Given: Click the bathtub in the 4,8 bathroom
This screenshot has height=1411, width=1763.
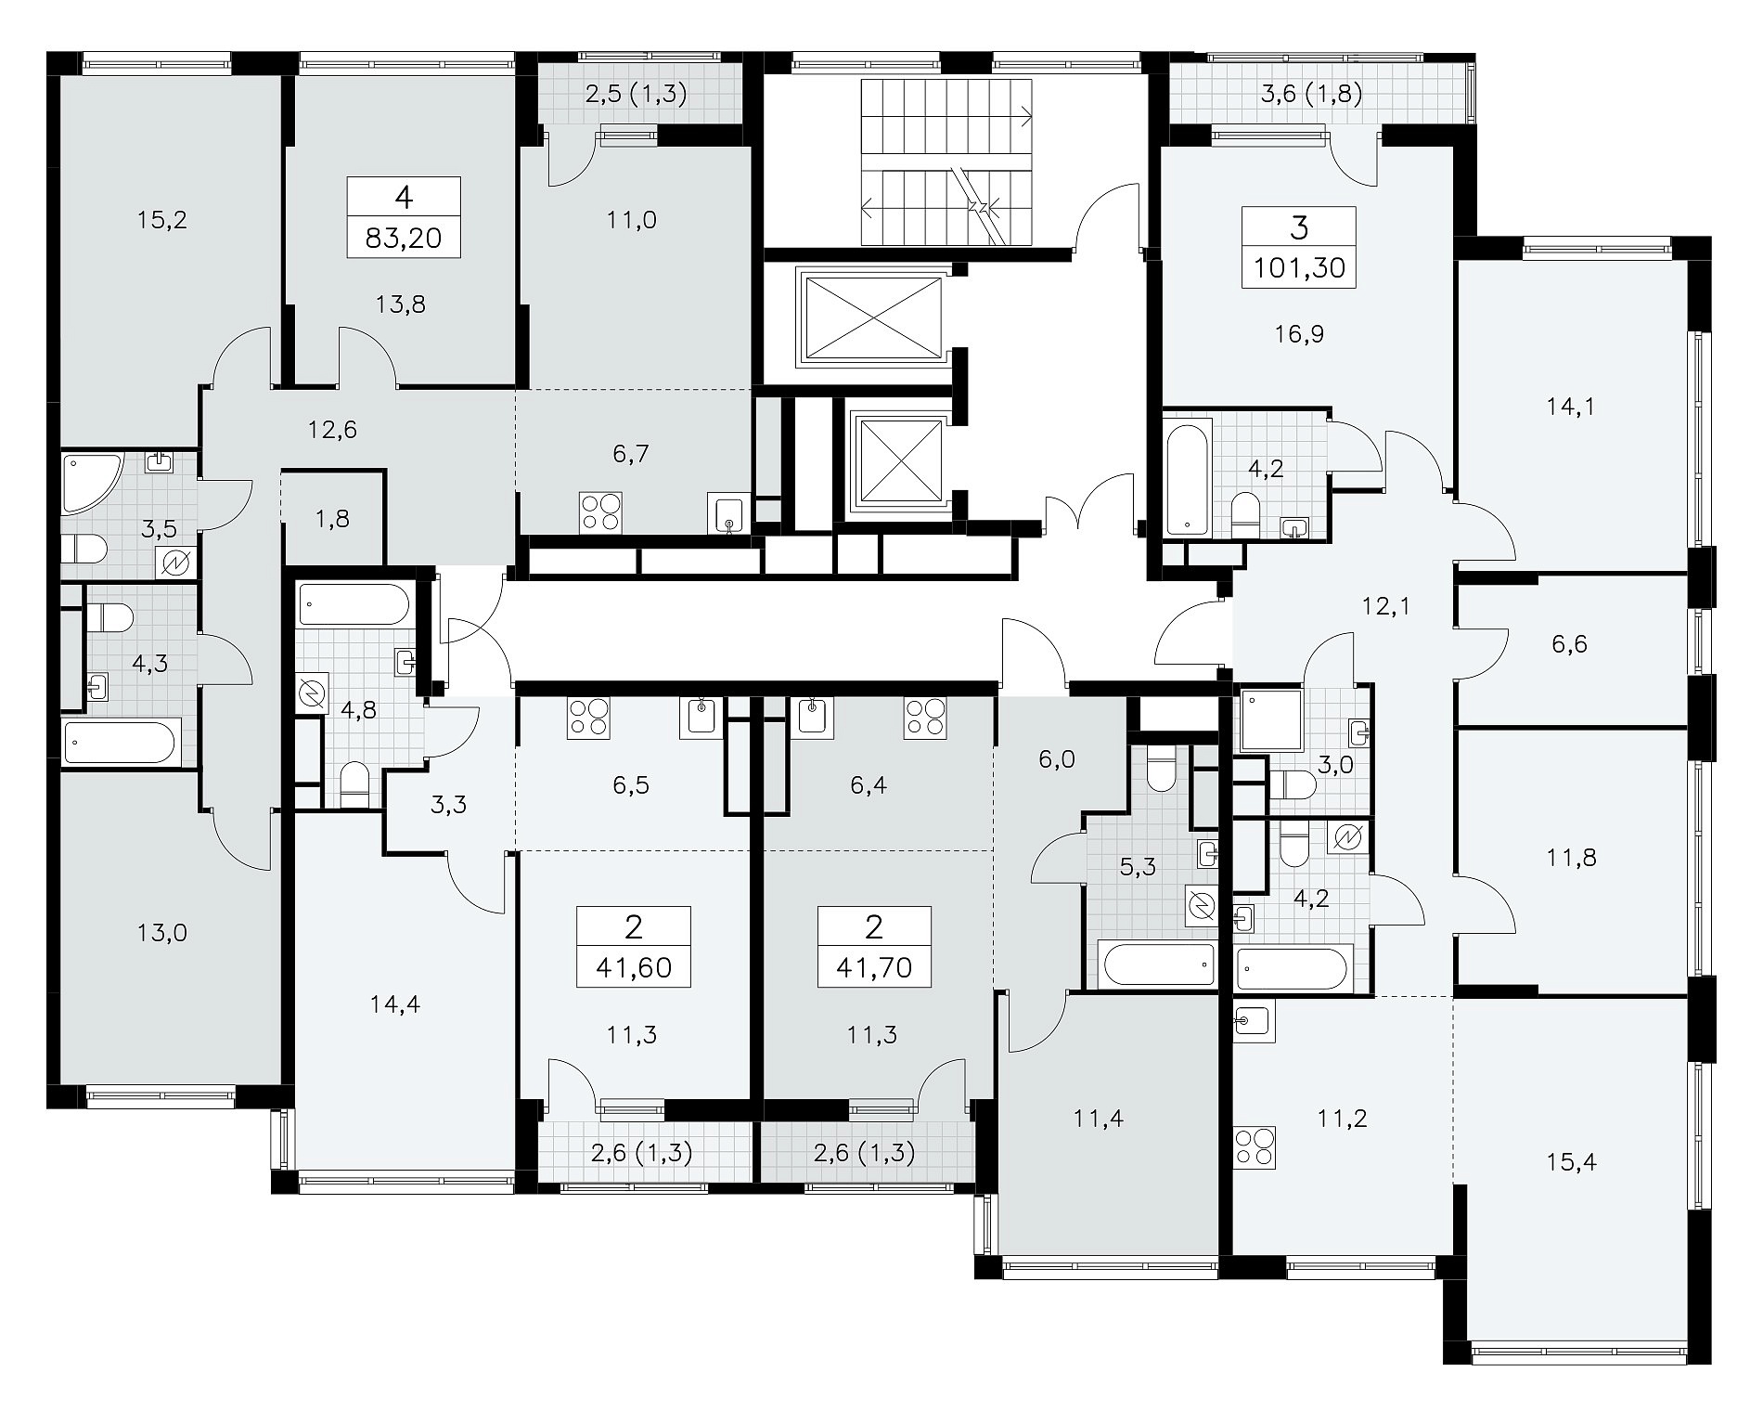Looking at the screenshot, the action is (x=354, y=604).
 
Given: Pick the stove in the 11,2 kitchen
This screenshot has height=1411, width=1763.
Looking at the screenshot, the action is (x=1255, y=1146).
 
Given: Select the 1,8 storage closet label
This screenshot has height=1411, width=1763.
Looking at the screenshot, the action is (x=332, y=519).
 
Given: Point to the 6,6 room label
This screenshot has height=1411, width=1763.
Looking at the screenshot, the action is (x=1569, y=644).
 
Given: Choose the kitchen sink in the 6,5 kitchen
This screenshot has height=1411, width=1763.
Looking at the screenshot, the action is (x=701, y=718).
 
